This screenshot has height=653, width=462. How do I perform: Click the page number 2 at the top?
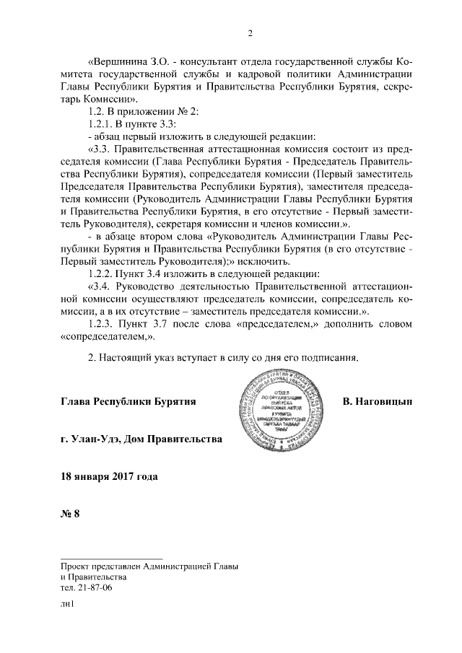(249, 32)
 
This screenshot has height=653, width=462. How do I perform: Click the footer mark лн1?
(68, 610)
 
